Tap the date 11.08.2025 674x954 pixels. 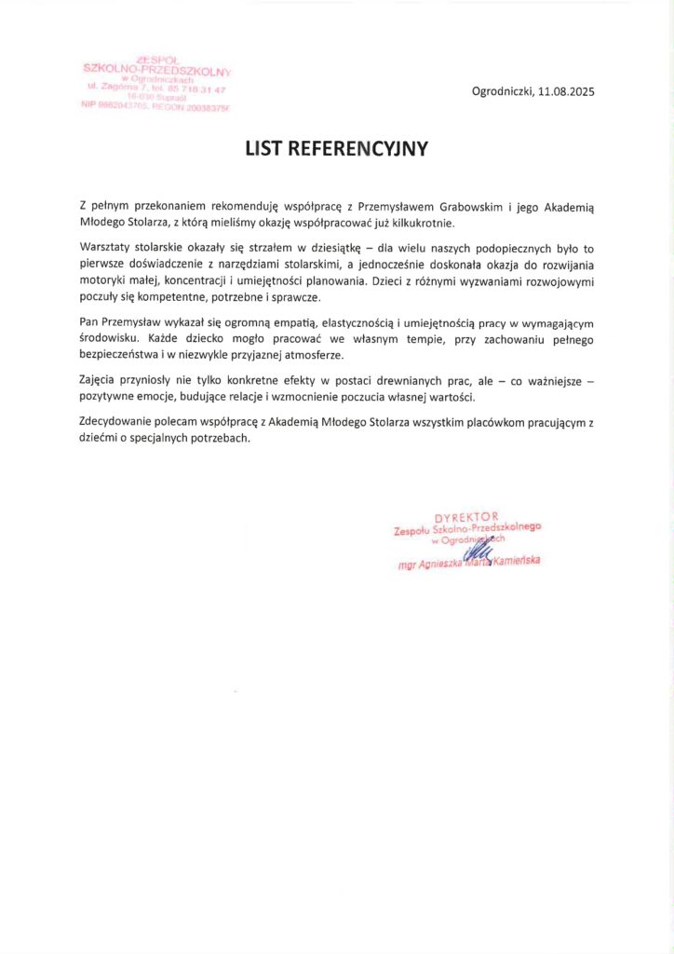(x=564, y=92)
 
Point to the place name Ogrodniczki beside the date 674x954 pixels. (x=502, y=92)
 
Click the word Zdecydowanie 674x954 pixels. (x=118, y=422)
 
